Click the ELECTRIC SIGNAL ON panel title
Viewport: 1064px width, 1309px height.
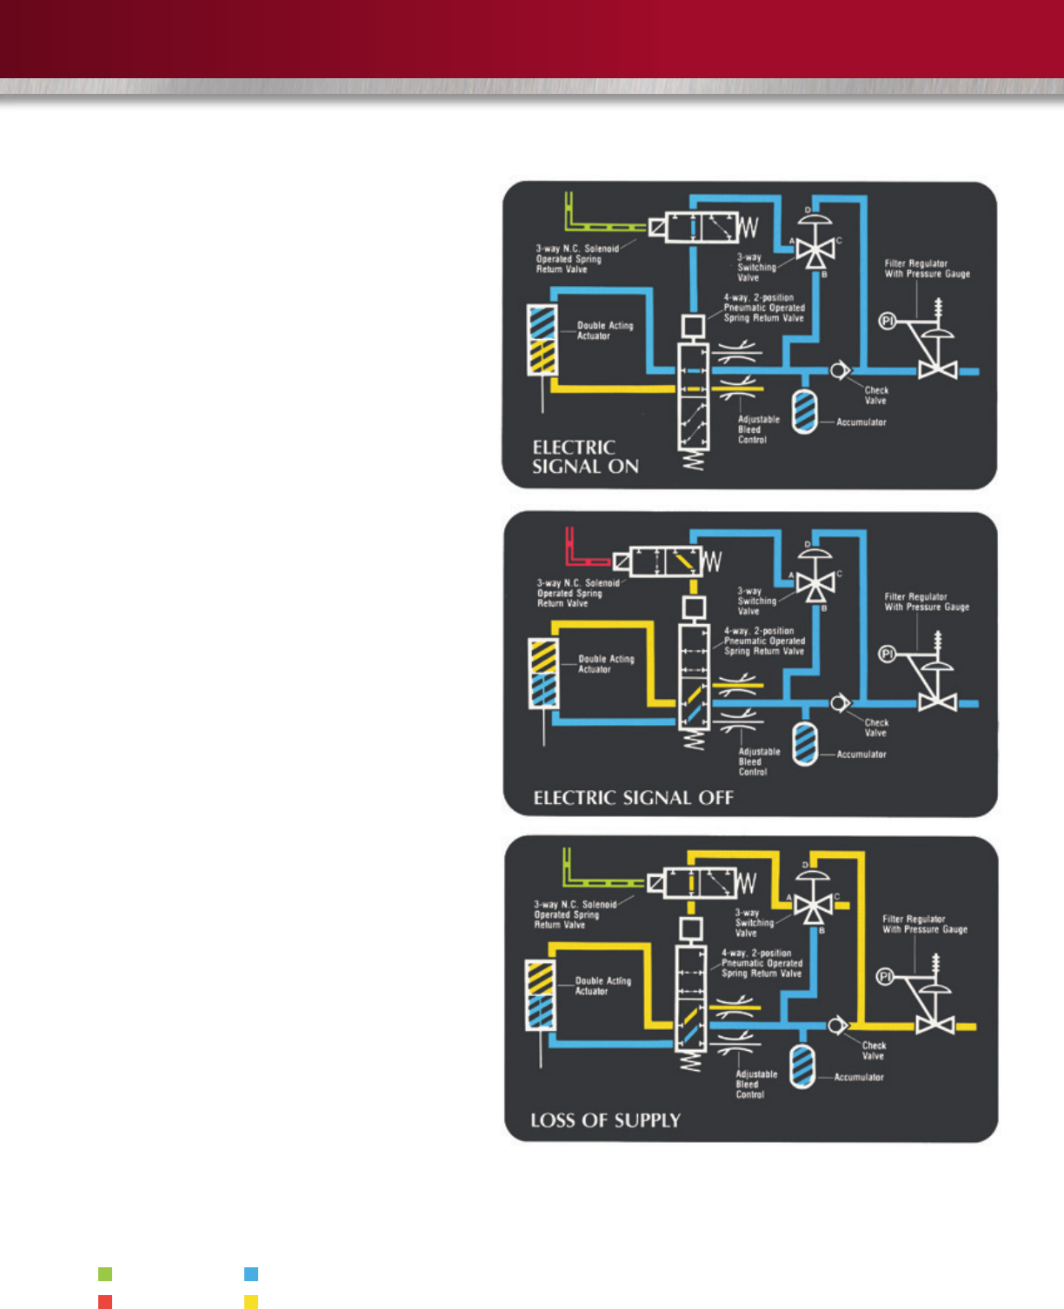coord(585,457)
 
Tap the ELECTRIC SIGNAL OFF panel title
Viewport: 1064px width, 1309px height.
coord(633,798)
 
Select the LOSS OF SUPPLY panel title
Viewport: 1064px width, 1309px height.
coord(605,1120)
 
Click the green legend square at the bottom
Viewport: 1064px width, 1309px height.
coord(105,1274)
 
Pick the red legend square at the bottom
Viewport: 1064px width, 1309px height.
coord(105,1301)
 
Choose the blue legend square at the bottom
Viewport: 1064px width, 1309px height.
coord(251,1274)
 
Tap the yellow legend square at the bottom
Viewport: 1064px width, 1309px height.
coord(251,1301)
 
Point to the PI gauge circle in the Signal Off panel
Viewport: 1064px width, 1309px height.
coord(887,654)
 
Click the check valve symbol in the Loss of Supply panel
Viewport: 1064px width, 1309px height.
coord(836,1026)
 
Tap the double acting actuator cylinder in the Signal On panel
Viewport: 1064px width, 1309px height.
coord(542,340)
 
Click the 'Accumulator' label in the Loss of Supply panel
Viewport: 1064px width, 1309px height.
coord(859,1077)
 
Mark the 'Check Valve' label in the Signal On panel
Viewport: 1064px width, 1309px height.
coord(875,395)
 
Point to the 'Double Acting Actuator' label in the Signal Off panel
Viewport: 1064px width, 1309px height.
coord(606,664)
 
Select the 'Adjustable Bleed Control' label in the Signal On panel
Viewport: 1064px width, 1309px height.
coord(758,429)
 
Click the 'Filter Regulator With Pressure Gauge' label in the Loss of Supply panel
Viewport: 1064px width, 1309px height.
coord(925,924)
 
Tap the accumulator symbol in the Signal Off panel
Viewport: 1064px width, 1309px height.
coord(806,744)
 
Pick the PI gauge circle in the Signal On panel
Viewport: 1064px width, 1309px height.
coord(887,321)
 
